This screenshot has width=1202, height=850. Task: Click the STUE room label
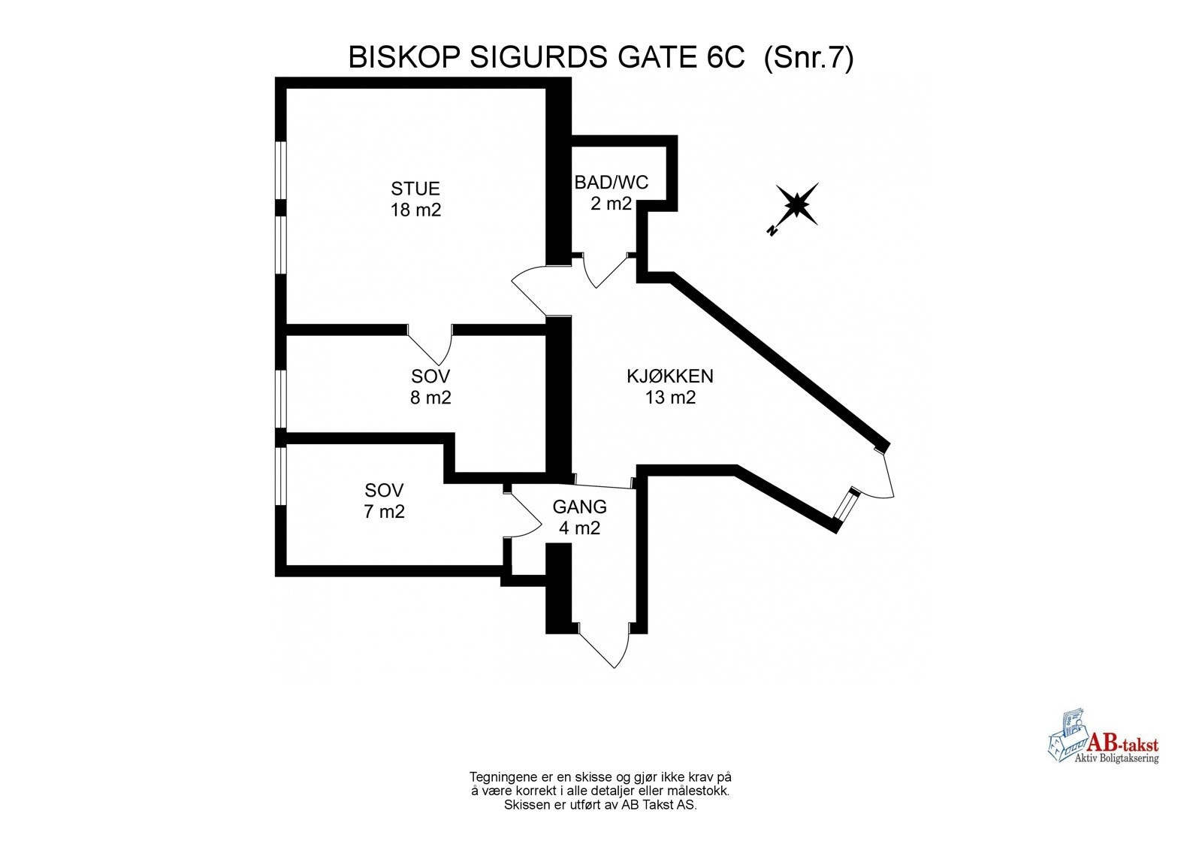click(x=415, y=189)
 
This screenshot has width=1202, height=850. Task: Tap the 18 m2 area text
click(x=415, y=210)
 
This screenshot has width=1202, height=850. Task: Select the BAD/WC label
click(x=611, y=183)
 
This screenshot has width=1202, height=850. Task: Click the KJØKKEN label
click(x=670, y=376)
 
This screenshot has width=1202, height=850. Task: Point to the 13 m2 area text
click(x=670, y=398)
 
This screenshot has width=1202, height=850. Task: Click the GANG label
click(x=579, y=507)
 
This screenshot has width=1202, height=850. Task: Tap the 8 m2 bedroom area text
click(x=430, y=398)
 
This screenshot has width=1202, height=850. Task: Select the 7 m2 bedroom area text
click(x=384, y=512)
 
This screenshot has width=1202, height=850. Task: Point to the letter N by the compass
click(x=772, y=231)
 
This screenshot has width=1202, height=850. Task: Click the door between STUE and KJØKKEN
click(x=535, y=289)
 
